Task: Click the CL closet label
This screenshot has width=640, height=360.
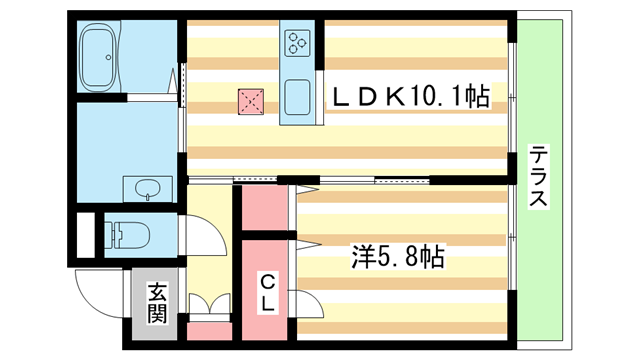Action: pos(268,290)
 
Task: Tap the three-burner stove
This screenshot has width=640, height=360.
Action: pos(299,42)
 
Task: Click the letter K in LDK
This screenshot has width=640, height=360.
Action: pos(395,97)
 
